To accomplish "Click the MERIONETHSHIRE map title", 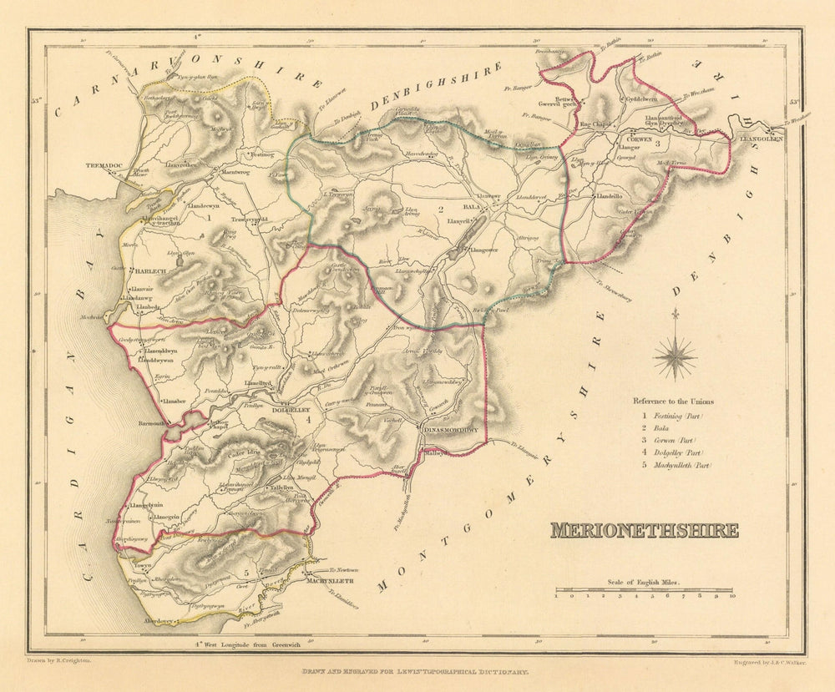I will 644,531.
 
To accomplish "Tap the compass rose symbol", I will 675,357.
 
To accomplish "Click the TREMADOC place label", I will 104,166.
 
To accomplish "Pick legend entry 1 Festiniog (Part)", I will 673,415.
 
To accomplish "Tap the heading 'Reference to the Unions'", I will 672,401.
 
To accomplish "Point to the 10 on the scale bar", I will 731,597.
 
